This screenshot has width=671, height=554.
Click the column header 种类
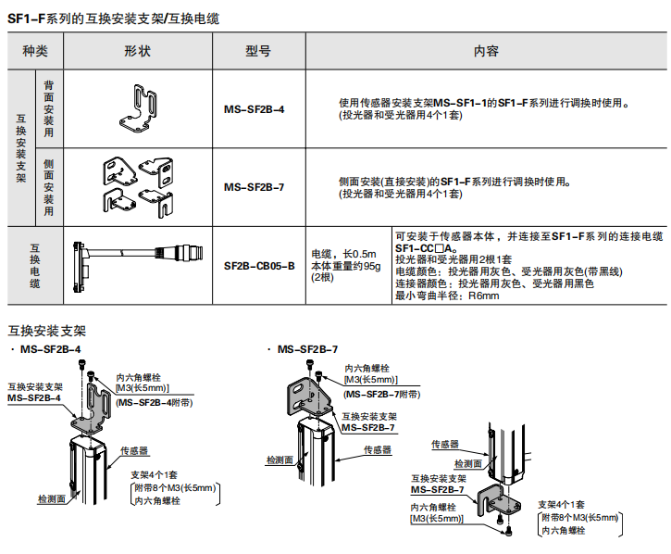pos(35,51)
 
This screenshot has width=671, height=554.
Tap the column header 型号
pos(258,51)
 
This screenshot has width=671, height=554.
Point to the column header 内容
pos(485,51)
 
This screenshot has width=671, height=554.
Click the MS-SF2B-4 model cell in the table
pos(254,109)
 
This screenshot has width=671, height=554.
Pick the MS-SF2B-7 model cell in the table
pos(254,186)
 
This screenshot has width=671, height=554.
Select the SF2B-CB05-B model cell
pos(259,265)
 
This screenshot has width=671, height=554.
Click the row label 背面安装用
pos(48,108)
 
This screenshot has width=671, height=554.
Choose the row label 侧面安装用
pos(48,186)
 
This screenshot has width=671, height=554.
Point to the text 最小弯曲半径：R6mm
pos(447,296)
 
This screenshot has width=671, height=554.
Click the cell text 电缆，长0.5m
pos(343,253)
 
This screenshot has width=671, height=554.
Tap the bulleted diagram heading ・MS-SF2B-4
pos(44,349)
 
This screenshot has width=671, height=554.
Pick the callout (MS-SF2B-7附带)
pos(376,394)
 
